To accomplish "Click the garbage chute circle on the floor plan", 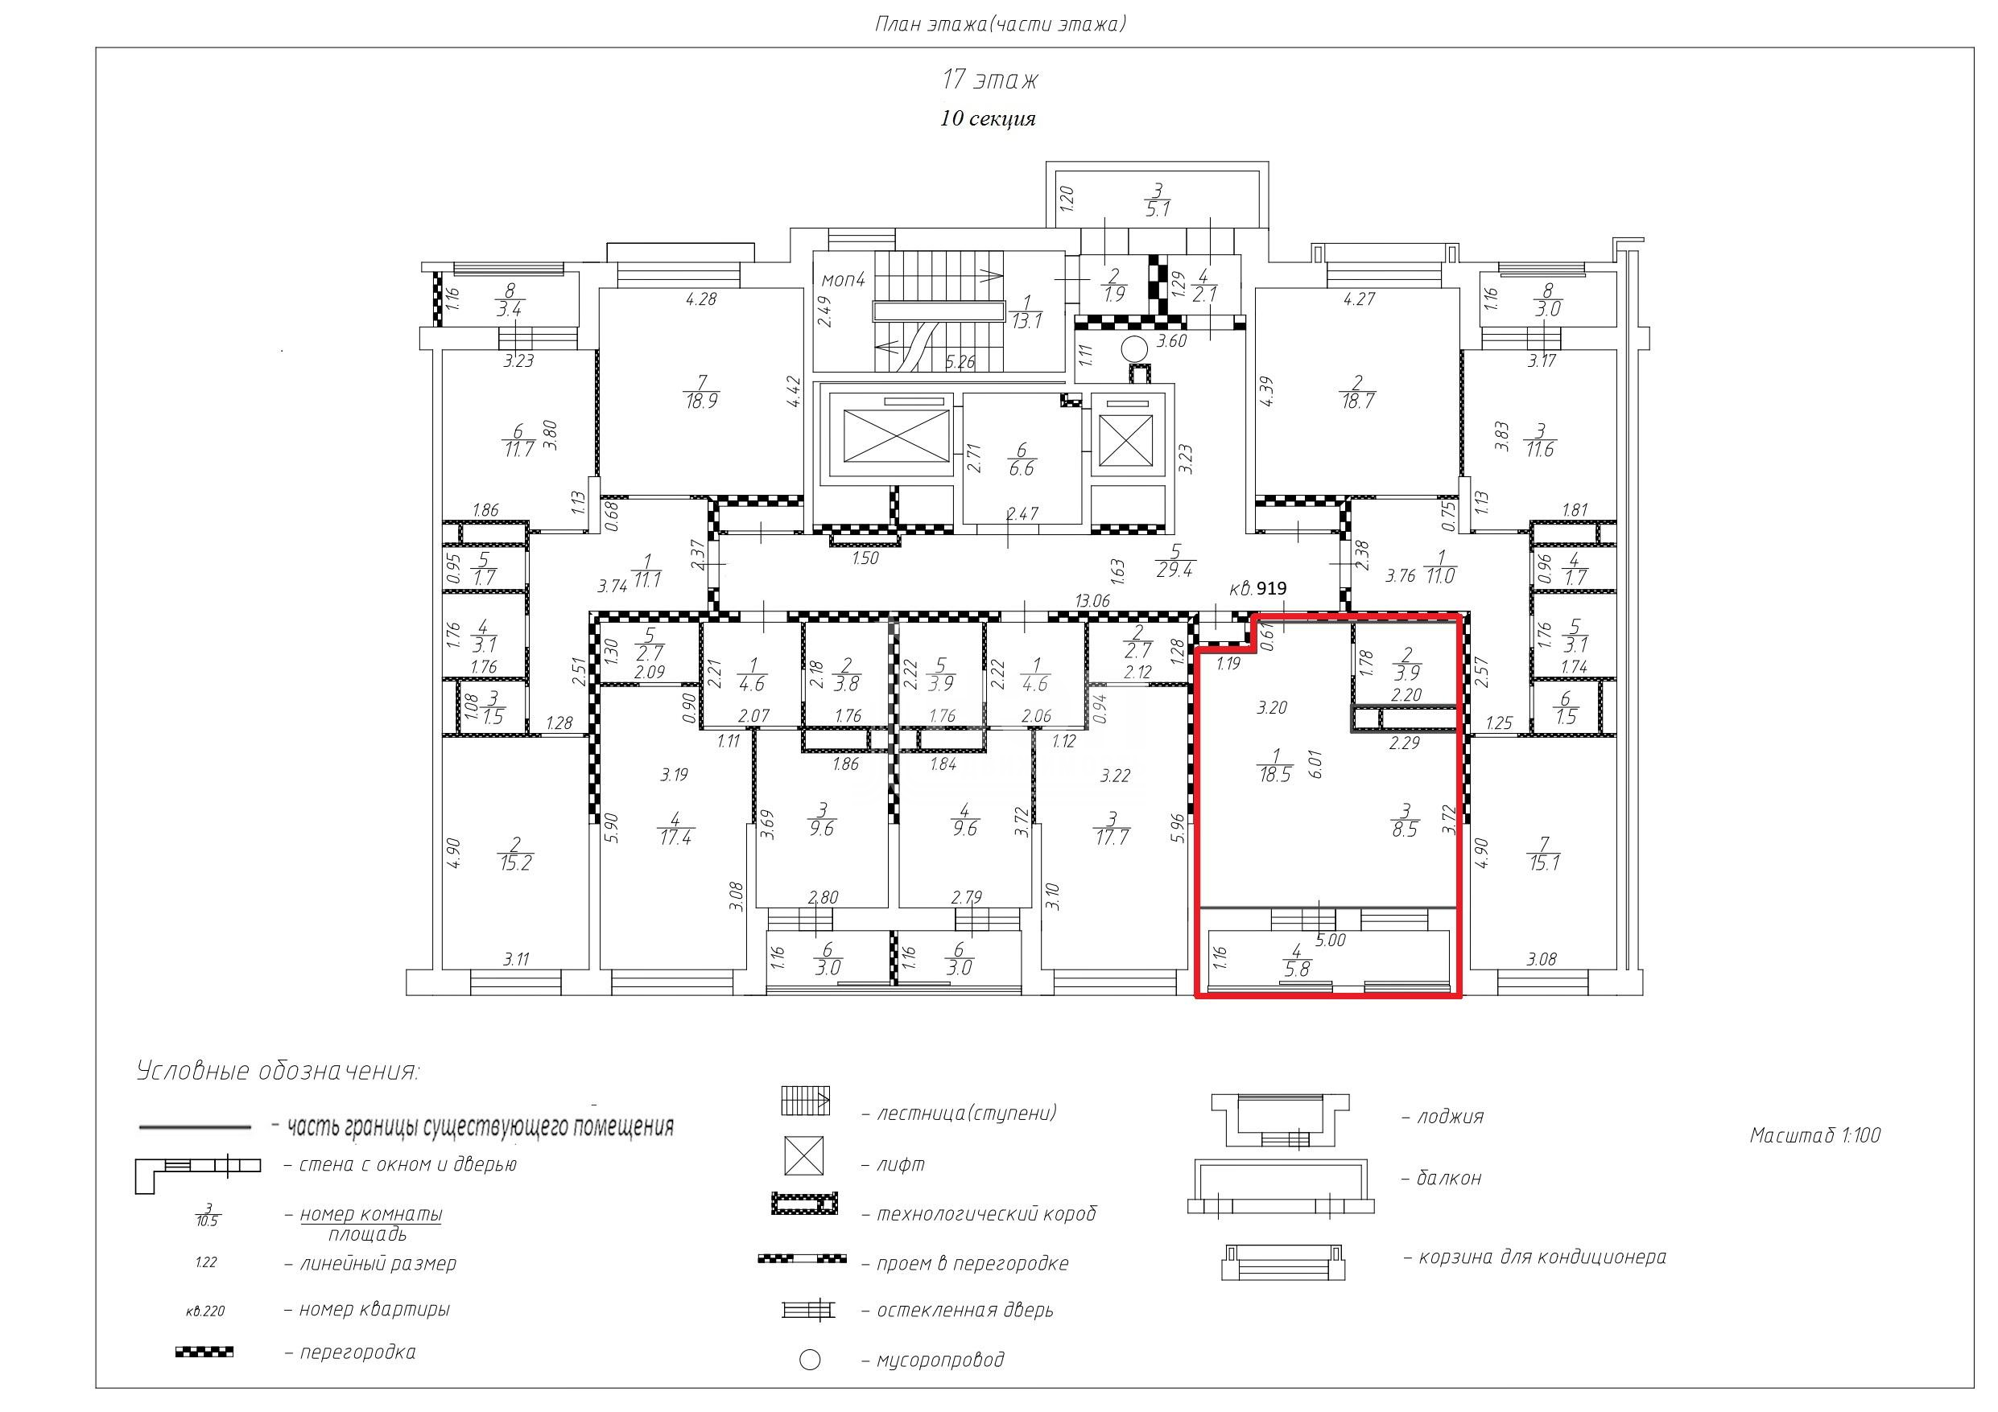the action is pos(1134,350).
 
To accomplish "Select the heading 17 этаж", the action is pos(990,80).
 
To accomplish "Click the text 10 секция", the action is pos(988,118).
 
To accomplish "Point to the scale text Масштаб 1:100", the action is pos(1815,1135).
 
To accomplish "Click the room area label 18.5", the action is pos(1274,774).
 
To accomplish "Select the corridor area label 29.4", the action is pos(1174,570).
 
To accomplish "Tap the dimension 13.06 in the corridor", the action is pos(1092,600).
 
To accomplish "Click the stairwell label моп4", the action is pos(843,280).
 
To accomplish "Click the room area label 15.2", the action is pos(515,863).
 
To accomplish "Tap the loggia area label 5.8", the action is pos(1297,969).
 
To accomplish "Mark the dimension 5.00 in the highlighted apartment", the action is pos(1331,941).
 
